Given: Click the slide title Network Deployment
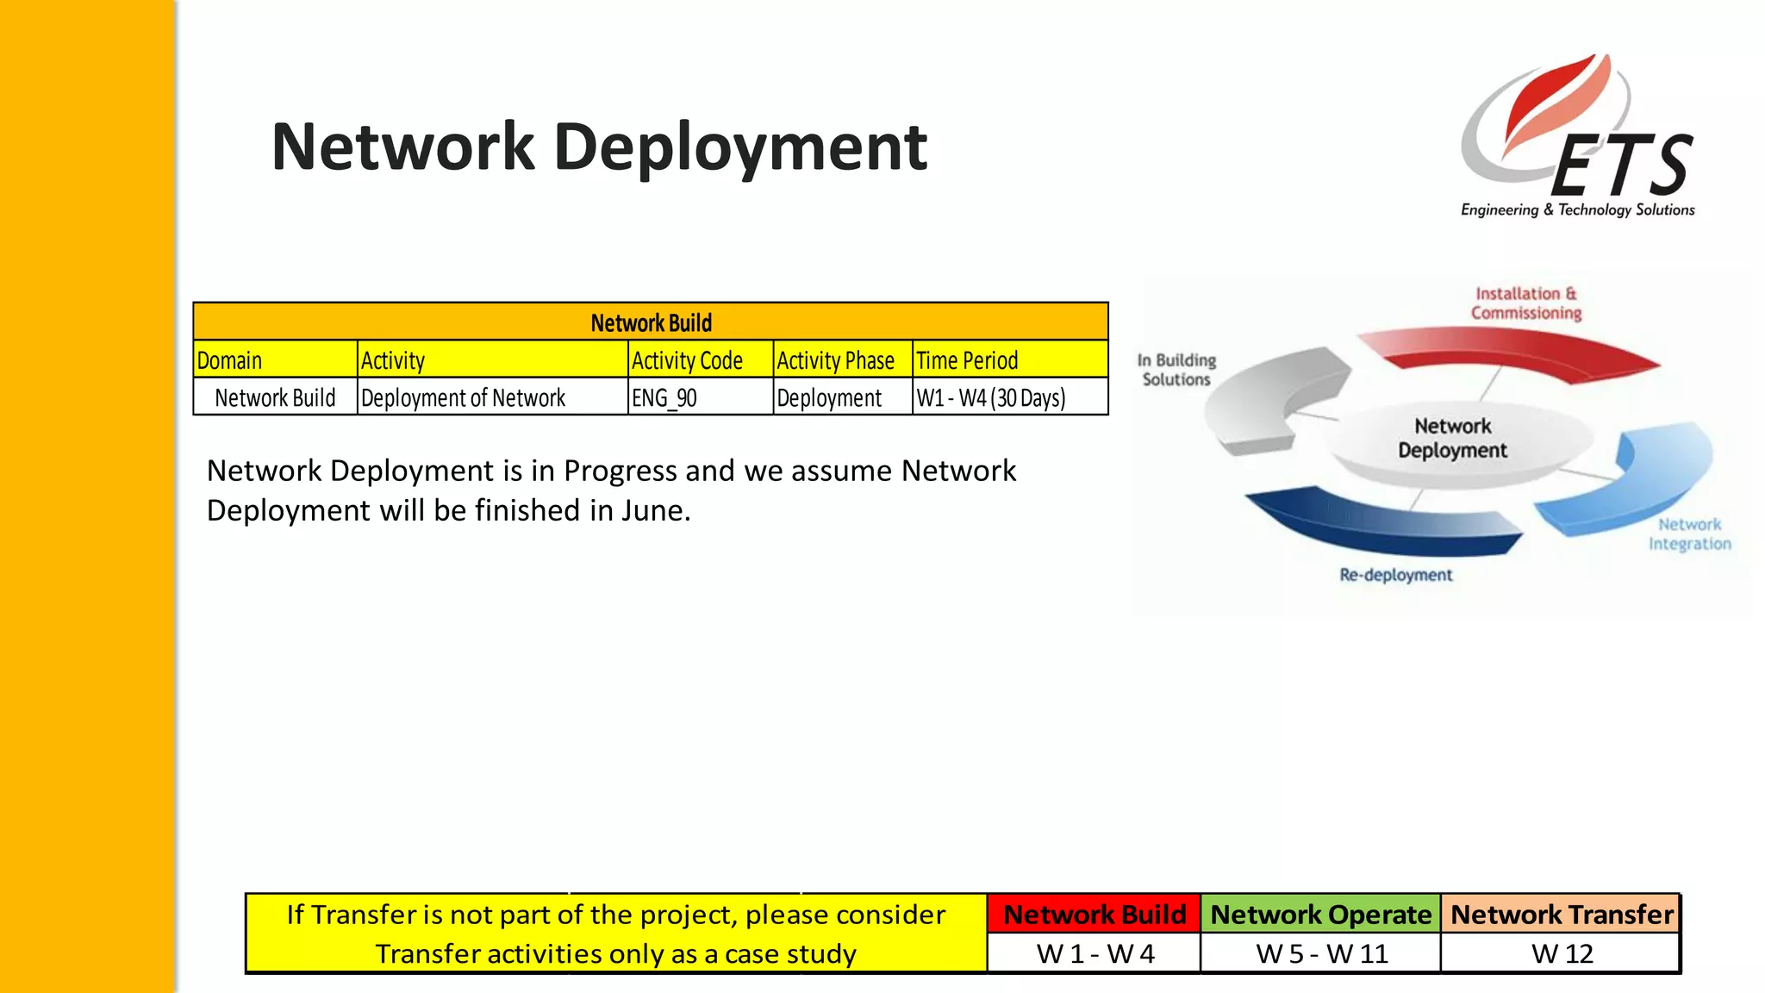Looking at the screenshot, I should pyautogui.click(x=599, y=147).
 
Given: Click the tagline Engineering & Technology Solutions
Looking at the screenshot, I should pyautogui.click(x=1577, y=209).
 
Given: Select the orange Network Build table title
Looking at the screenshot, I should pyautogui.click(x=651, y=322).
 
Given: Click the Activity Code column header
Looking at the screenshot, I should pyautogui.click(x=687, y=360).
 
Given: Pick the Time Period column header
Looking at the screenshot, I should pyautogui.click(x=967, y=360).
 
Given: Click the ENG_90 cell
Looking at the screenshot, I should pyautogui.click(x=664, y=398).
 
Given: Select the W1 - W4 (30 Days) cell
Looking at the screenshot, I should pyautogui.click(x=991, y=398).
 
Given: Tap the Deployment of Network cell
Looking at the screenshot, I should pyautogui.click(x=463, y=398).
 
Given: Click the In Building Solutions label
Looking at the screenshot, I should pyautogui.click(x=1176, y=370).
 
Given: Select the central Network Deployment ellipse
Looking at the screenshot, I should pyautogui.click(x=1453, y=439).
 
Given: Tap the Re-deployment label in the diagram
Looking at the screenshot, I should pyautogui.click(x=1395, y=575).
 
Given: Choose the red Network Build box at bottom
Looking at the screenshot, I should pyautogui.click(x=1094, y=915).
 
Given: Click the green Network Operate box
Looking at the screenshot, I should pyautogui.click(x=1320, y=915).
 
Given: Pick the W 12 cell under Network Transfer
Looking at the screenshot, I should pyautogui.click(x=1561, y=954).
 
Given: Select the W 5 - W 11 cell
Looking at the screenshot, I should pyautogui.click(x=1320, y=954).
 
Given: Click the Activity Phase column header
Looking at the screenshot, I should pyautogui.click(x=835, y=360).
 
